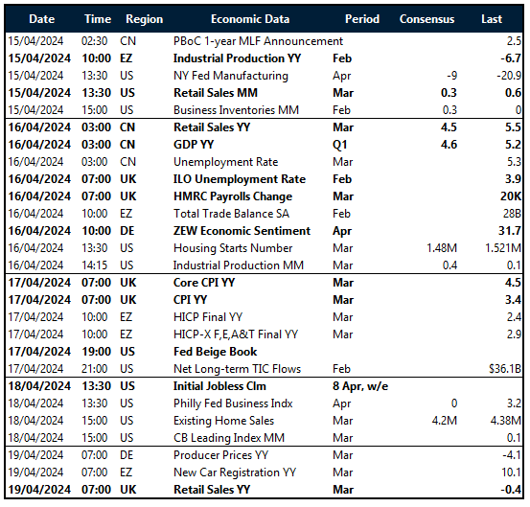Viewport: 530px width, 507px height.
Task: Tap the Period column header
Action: pos(361,18)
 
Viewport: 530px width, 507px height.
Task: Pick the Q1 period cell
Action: pos(340,145)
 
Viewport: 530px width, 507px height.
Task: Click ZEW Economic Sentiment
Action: pos(242,231)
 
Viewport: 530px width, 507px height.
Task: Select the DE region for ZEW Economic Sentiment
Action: pos(128,231)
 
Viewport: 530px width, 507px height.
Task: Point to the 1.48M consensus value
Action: pos(437,248)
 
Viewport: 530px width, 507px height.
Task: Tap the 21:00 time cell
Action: pos(97,369)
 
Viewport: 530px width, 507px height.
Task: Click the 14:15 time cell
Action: pos(97,265)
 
